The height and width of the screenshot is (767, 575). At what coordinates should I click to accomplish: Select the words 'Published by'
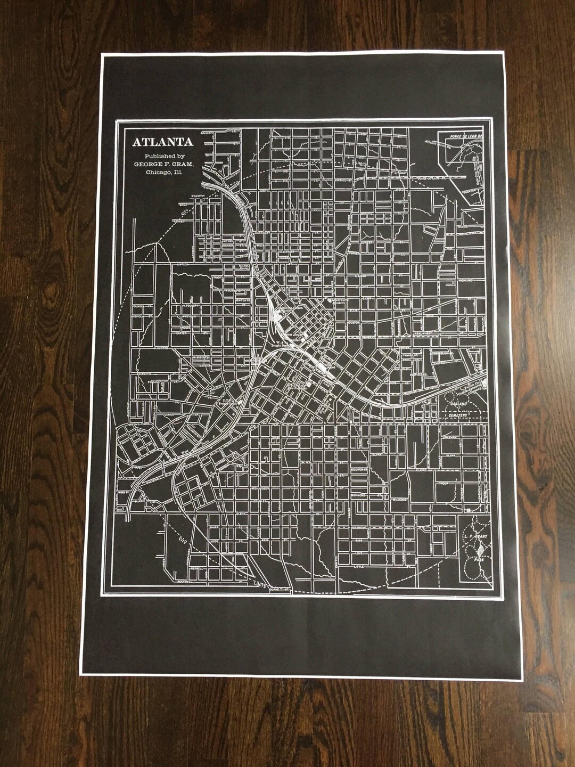[x=155, y=156]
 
